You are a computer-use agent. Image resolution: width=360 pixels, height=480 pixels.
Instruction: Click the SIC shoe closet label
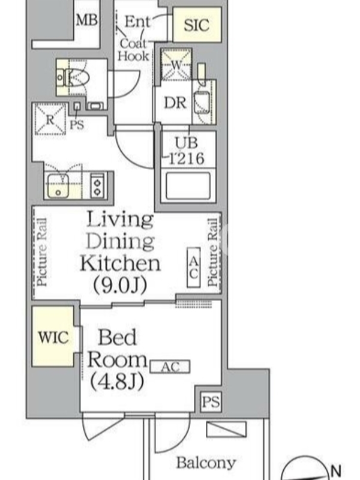coord(197,25)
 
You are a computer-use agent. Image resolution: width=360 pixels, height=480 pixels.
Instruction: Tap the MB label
coord(87,20)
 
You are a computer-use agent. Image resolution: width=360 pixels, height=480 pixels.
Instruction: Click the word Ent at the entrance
coord(138,22)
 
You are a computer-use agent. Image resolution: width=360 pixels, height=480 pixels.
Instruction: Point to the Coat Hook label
coord(134,50)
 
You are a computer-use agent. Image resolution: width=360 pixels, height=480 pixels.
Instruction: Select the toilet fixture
coord(73,77)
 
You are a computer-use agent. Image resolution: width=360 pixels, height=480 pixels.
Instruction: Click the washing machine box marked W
coord(176,65)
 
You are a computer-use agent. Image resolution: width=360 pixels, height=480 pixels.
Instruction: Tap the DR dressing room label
coord(175,103)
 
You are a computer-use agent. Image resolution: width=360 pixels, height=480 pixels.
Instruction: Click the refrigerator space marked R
coord(50,119)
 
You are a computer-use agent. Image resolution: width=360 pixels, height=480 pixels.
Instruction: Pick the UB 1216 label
coord(187,151)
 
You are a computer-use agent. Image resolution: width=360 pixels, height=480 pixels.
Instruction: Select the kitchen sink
coord(58,185)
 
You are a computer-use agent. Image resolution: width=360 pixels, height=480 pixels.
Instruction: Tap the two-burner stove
coord(98,186)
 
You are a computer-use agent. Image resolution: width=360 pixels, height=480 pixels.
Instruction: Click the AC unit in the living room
coord(193,268)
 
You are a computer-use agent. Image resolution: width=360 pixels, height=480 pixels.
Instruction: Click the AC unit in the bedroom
coord(170,367)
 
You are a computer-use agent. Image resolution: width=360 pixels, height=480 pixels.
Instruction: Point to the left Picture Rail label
coord(41,252)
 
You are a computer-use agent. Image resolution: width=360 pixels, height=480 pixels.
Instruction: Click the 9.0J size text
coord(120,286)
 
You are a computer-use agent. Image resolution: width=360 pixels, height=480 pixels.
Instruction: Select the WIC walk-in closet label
coord(53,337)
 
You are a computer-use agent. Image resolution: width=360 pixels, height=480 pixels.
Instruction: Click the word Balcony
coord(206,463)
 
